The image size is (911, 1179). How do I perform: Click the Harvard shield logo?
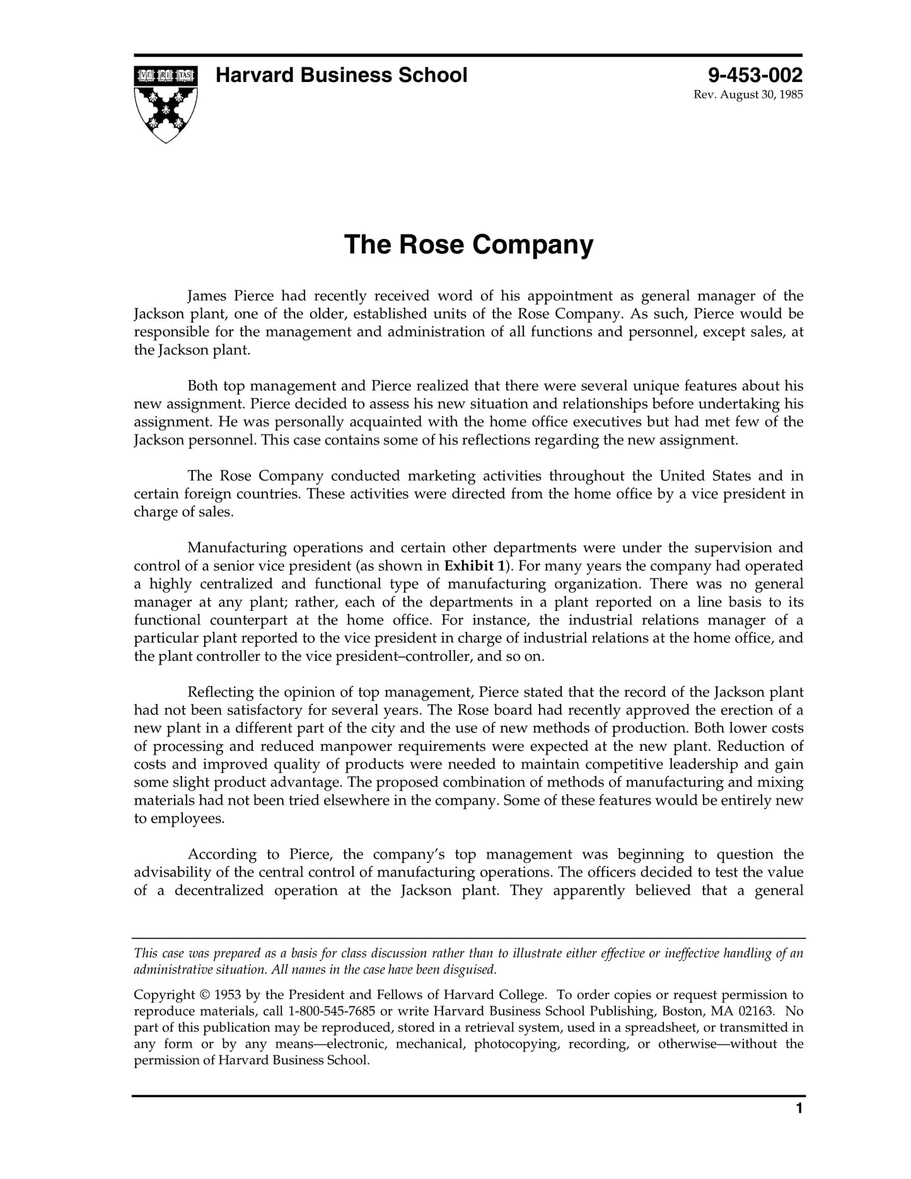click(x=166, y=103)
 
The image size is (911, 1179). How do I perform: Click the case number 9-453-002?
click(x=755, y=76)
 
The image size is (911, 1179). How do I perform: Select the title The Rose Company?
click(x=468, y=245)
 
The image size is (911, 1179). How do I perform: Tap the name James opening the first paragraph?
click(x=207, y=296)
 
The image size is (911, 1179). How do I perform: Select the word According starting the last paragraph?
click(x=222, y=855)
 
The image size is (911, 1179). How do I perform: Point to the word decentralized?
click(x=219, y=891)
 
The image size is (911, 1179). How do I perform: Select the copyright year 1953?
click(x=228, y=995)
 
